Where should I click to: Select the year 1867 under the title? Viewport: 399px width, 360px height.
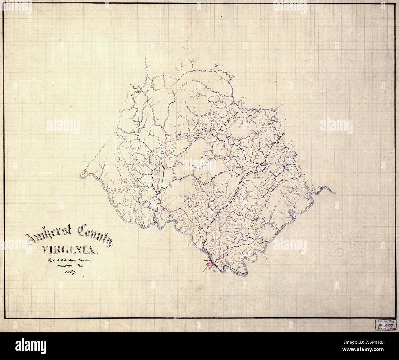point(70,273)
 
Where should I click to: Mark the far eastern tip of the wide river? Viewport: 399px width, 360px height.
point(335,193)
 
